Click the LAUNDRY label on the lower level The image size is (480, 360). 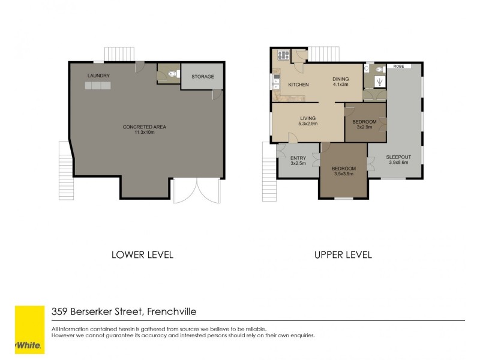click(98, 76)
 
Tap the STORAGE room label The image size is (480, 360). click(203, 77)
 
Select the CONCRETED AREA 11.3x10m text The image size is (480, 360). click(144, 130)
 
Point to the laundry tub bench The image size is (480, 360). click(98, 86)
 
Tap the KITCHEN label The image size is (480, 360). click(298, 85)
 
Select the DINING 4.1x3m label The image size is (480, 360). click(341, 82)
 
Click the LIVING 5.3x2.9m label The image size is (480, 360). click(308, 120)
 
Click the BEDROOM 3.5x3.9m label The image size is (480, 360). click(344, 171)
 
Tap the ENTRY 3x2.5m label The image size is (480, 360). click(298, 160)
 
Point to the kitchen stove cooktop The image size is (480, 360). click(283, 55)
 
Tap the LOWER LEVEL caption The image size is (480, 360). click(143, 254)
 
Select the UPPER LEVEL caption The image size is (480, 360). click(343, 254)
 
